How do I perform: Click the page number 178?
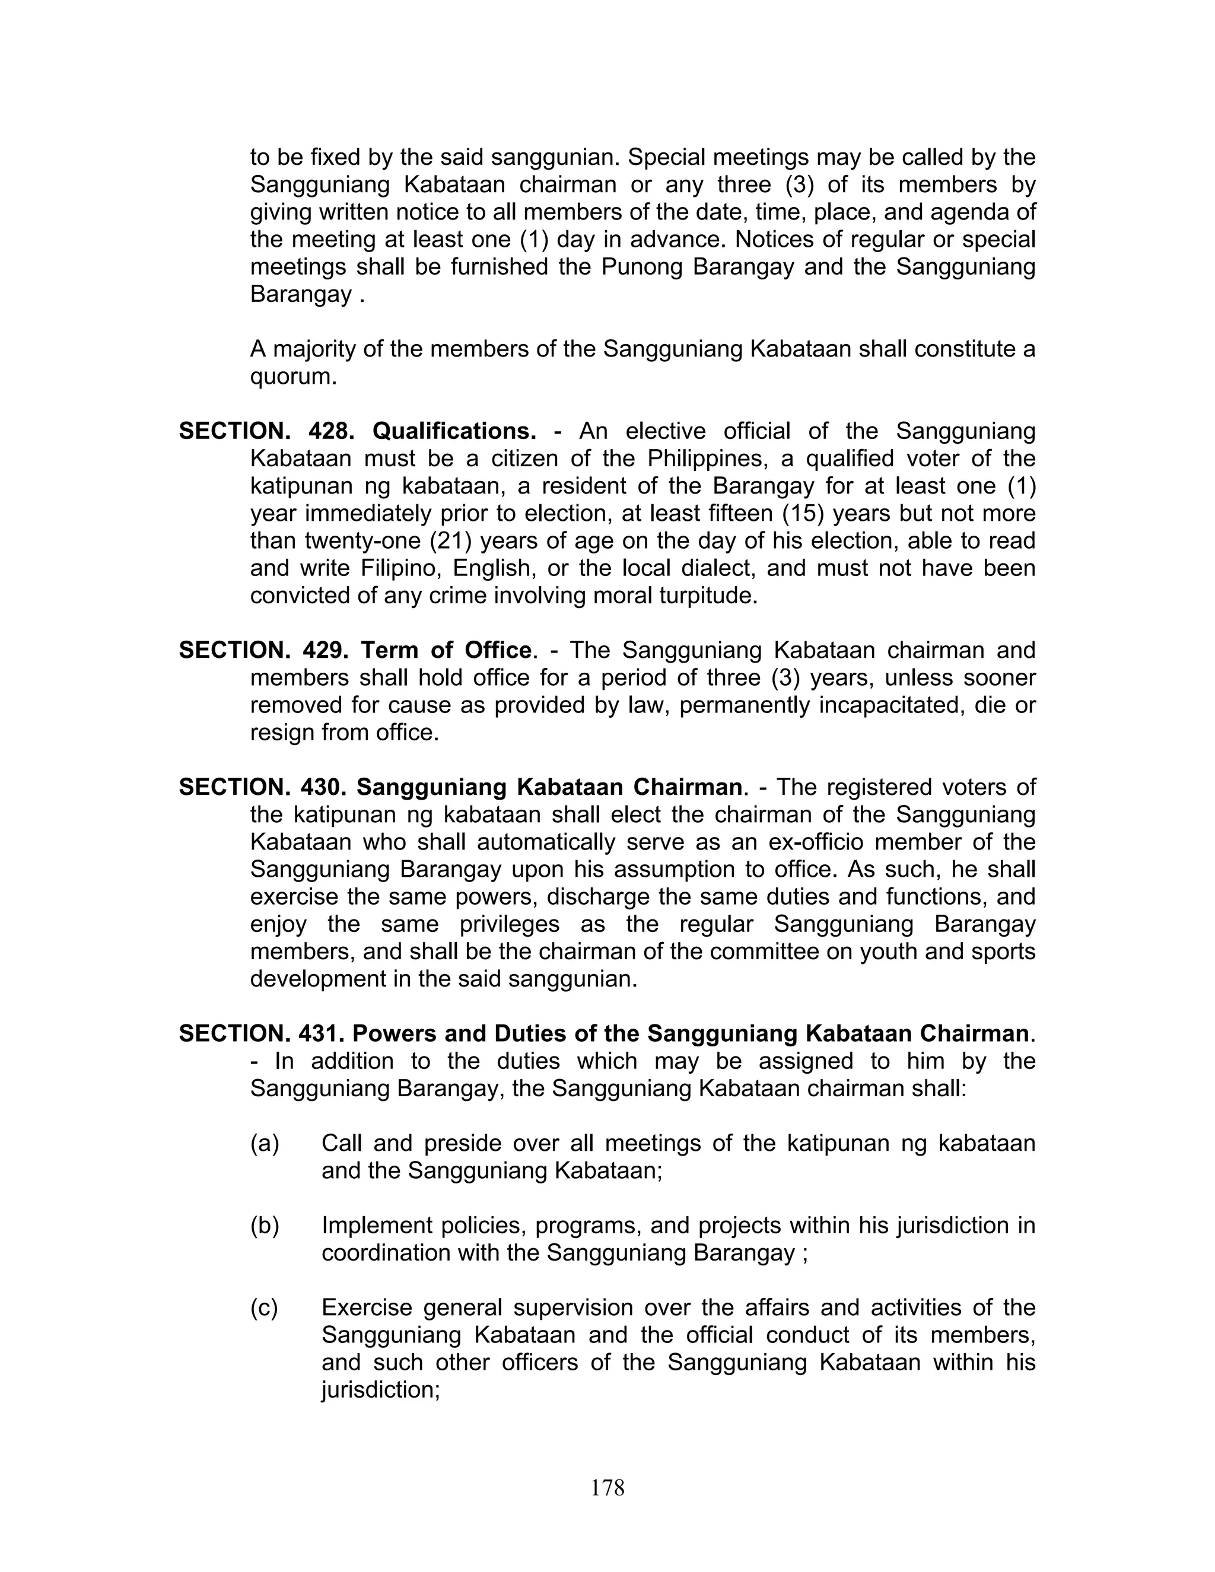[x=607, y=1487]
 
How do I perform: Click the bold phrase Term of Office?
[x=446, y=650]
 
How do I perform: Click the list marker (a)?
[x=265, y=1143]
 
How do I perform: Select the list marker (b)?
[x=265, y=1225]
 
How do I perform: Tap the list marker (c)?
[x=264, y=1307]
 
